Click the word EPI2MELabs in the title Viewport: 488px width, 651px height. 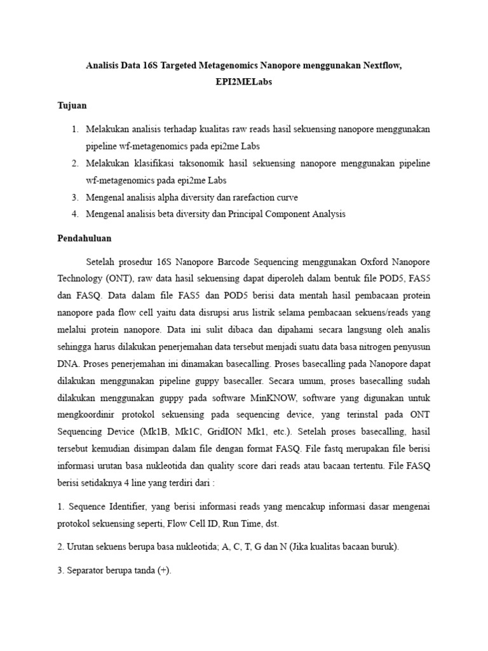click(243, 83)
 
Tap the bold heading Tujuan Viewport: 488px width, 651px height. click(72, 105)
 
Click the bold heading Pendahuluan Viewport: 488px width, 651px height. click(85, 238)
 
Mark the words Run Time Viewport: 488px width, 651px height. click(240, 524)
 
